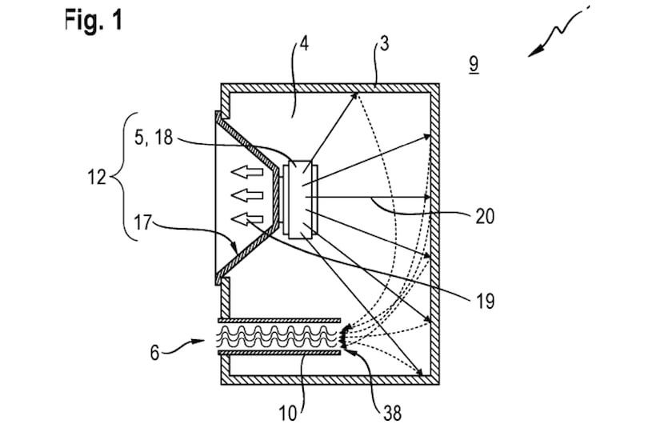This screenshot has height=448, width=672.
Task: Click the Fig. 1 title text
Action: pyautogui.click(x=94, y=20)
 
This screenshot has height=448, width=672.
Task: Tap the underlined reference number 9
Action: pyautogui.click(x=474, y=64)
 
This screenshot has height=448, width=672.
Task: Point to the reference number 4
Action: pyautogui.click(x=304, y=44)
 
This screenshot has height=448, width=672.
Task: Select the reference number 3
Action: pyautogui.click(x=385, y=44)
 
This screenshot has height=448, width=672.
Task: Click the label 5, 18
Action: pyautogui.click(x=154, y=138)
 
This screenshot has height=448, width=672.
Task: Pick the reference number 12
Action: pyautogui.click(x=97, y=177)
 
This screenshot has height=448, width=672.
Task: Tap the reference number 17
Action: pyautogui.click(x=142, y=223)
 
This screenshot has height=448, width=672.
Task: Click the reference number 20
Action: pyautogui.click(x=485, y=217)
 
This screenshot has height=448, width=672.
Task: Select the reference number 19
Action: pyautogui.click(x=485, y=302)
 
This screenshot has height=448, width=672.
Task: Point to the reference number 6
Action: pyautogui.click(x=154, y=353)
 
